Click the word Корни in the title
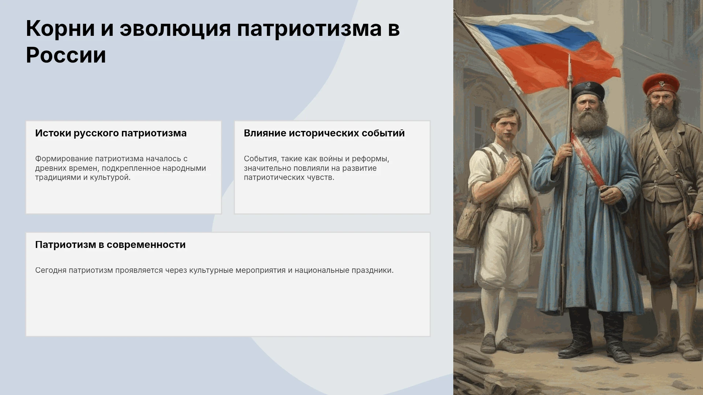pos(60,29)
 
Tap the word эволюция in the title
pos(175,29)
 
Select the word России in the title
pos(66,55)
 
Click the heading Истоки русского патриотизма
pos(111,133)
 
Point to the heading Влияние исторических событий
pos(324,133)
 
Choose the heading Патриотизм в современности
pos(110,245)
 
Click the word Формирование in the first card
pos(64,159)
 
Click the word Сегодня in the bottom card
pos(51,270)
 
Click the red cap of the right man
pos(661,84)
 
